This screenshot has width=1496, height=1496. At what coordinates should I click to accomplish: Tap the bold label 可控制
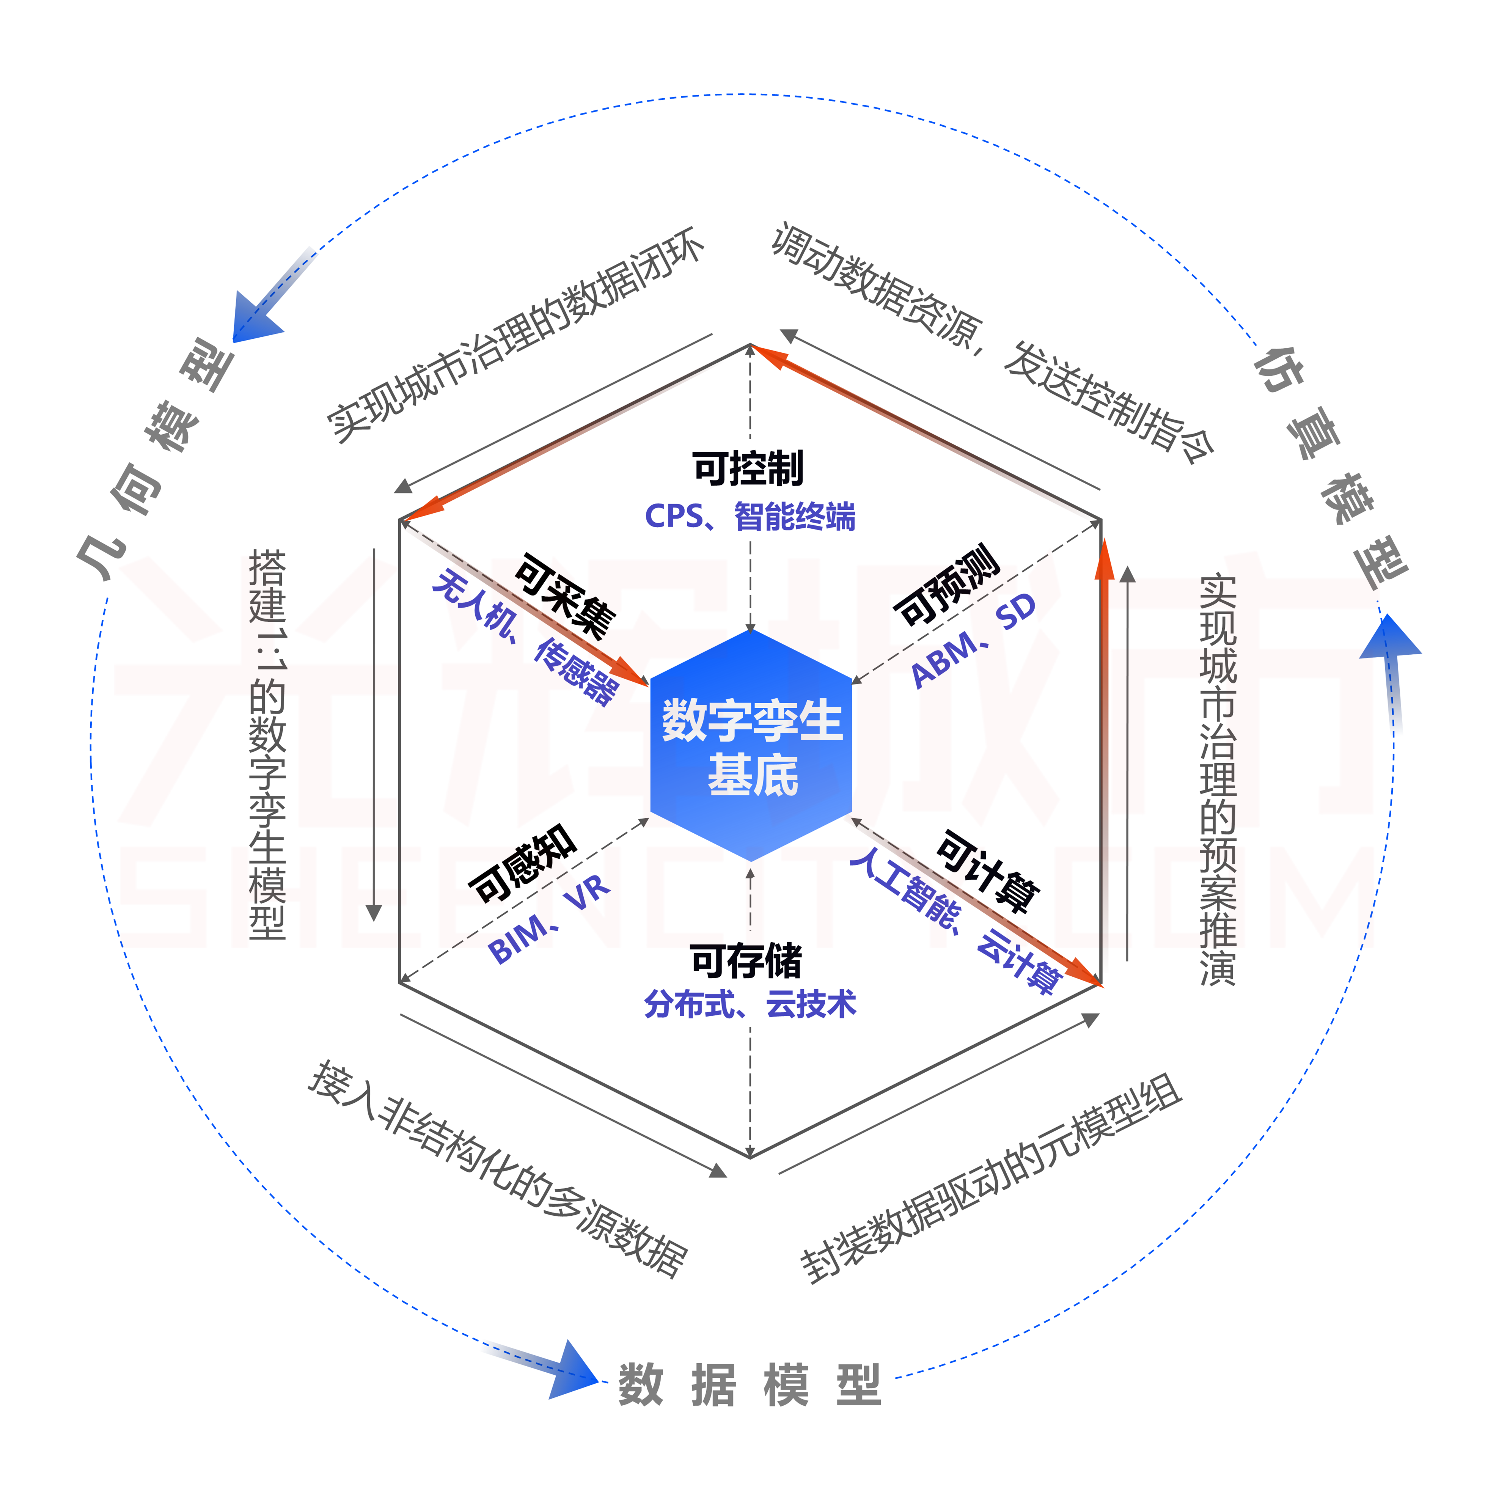click(x=748, y=468)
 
